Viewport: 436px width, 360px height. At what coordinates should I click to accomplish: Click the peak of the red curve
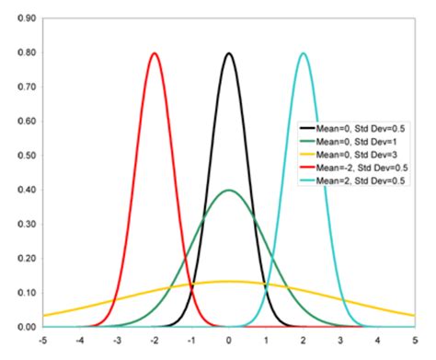point(155,53)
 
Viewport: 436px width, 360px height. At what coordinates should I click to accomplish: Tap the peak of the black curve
point(229,53)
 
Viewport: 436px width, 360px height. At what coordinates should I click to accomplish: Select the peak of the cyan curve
point(304,53)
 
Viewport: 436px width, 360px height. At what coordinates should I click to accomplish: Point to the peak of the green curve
point(229,191)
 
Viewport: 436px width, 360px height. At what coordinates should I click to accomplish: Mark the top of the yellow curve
point(229,281)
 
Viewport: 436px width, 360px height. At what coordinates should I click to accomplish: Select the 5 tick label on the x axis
point(415,342)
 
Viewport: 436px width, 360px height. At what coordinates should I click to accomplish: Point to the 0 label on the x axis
point(229,342)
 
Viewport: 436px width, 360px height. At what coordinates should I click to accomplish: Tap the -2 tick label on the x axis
point(155,342)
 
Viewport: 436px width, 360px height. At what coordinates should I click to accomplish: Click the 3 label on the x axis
point(340,342)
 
